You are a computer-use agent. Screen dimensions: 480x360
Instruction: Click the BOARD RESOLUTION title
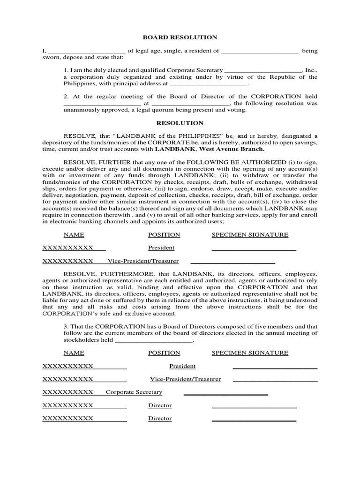(180, 37)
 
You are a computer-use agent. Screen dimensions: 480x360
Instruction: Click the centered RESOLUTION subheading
(180, 123)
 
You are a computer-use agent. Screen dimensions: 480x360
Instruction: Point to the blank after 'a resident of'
(260, 51)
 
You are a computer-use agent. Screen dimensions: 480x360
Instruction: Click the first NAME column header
(74, 235)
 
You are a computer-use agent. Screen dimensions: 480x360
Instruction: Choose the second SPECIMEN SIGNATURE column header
(250, 353)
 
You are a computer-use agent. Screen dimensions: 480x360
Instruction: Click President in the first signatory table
(161, 248)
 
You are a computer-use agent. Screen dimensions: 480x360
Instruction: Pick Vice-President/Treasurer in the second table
(185, 379)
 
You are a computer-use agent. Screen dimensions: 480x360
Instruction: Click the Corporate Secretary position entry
(134, 392)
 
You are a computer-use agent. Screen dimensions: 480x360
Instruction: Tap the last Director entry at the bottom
(160, 419)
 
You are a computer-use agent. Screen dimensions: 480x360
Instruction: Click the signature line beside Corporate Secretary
(225, 394)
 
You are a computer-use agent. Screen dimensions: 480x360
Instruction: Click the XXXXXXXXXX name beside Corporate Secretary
(68, 392)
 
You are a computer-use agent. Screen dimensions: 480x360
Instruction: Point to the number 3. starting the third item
(66, 326)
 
